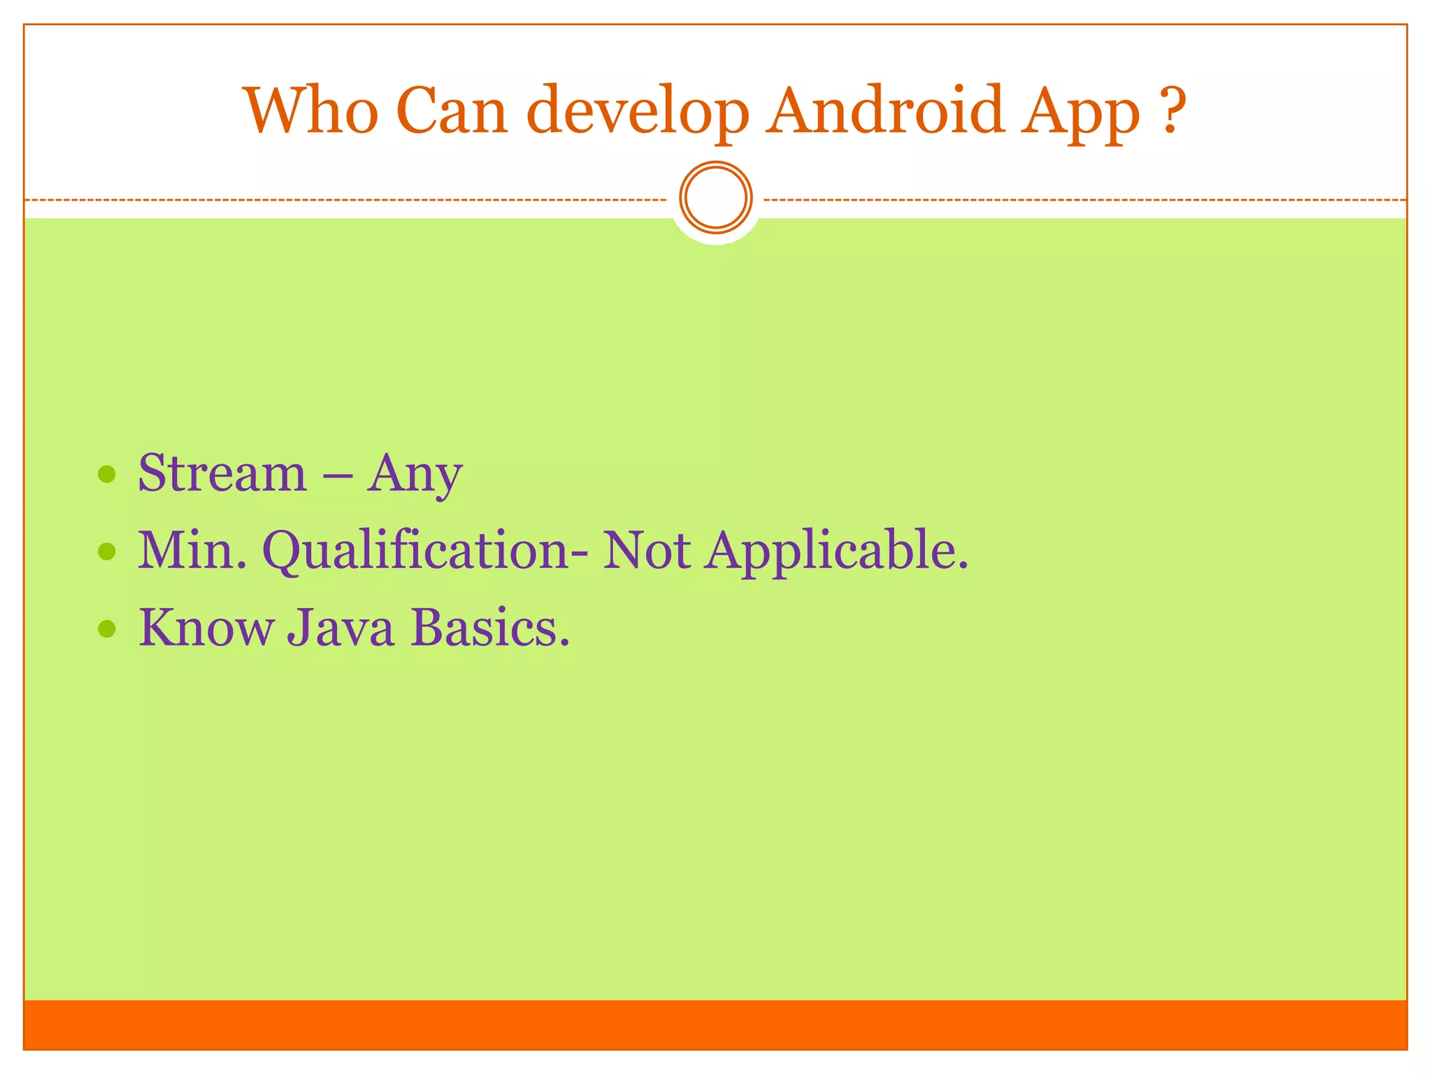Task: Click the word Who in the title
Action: click(313, 110)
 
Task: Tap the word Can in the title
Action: click(452, 110)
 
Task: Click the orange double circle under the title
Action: click(716, 198)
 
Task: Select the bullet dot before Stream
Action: click(106, 475)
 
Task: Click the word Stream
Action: click(222, 473)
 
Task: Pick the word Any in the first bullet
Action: click(415, 475)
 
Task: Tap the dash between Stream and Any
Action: click(337, 475)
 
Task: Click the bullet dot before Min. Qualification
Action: click(106, 552)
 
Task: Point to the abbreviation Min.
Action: click(192, 550)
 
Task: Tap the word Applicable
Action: click(836, 552)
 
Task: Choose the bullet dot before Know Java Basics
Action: click(106, 629)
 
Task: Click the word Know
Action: click(206, 627)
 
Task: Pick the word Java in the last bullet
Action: click(341, 629)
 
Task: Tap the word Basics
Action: click(489, 627)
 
